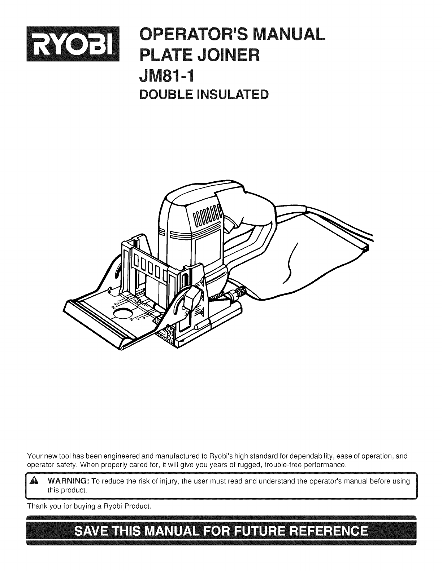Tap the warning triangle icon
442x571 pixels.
click(x=35, y=482)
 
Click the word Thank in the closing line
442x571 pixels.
click(x=36, y=506)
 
